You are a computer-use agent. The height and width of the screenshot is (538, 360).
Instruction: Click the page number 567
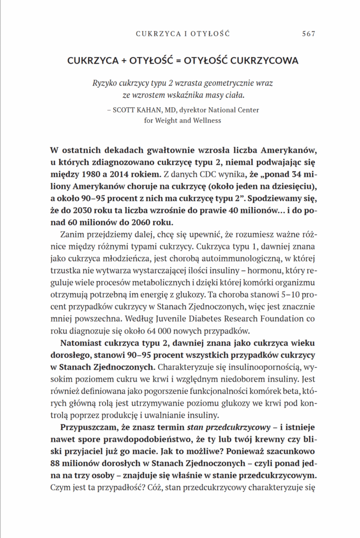(x=308, y=34)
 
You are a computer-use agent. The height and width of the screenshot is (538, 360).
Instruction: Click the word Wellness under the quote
(x=203, y=120)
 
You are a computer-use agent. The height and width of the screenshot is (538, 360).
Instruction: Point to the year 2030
(x=76, y=210)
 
